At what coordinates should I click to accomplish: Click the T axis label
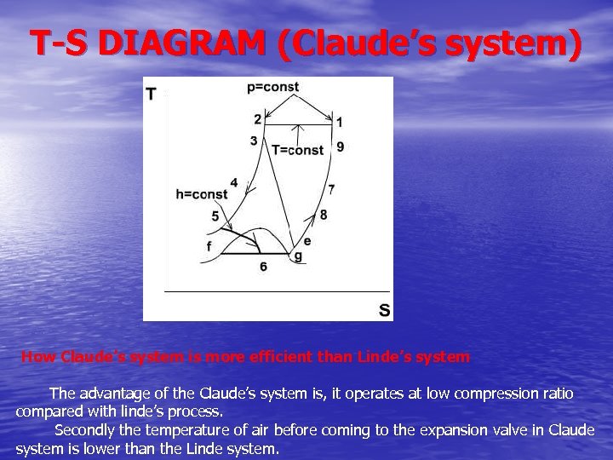point(151,93)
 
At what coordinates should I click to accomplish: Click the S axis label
point(385,310)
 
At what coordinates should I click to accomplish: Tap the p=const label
point(272,87)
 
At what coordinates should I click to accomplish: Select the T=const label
point(297,150)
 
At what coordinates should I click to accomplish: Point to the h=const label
point(202,194)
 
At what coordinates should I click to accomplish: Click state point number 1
point(339,123)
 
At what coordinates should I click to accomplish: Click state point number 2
point(257,119)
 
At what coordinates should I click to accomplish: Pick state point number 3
point(254,141)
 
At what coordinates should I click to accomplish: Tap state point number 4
point(234,183)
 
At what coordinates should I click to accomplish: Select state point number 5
point(215,216)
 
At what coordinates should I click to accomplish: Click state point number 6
point(263,267)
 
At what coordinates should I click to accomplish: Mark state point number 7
point(331,188)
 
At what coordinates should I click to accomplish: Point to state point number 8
point(324,215)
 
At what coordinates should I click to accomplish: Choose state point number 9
point(341,147)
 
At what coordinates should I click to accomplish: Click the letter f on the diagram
point(209,245)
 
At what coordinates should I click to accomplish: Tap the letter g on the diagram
point(297,256)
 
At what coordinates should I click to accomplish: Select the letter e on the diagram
point(306,241)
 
